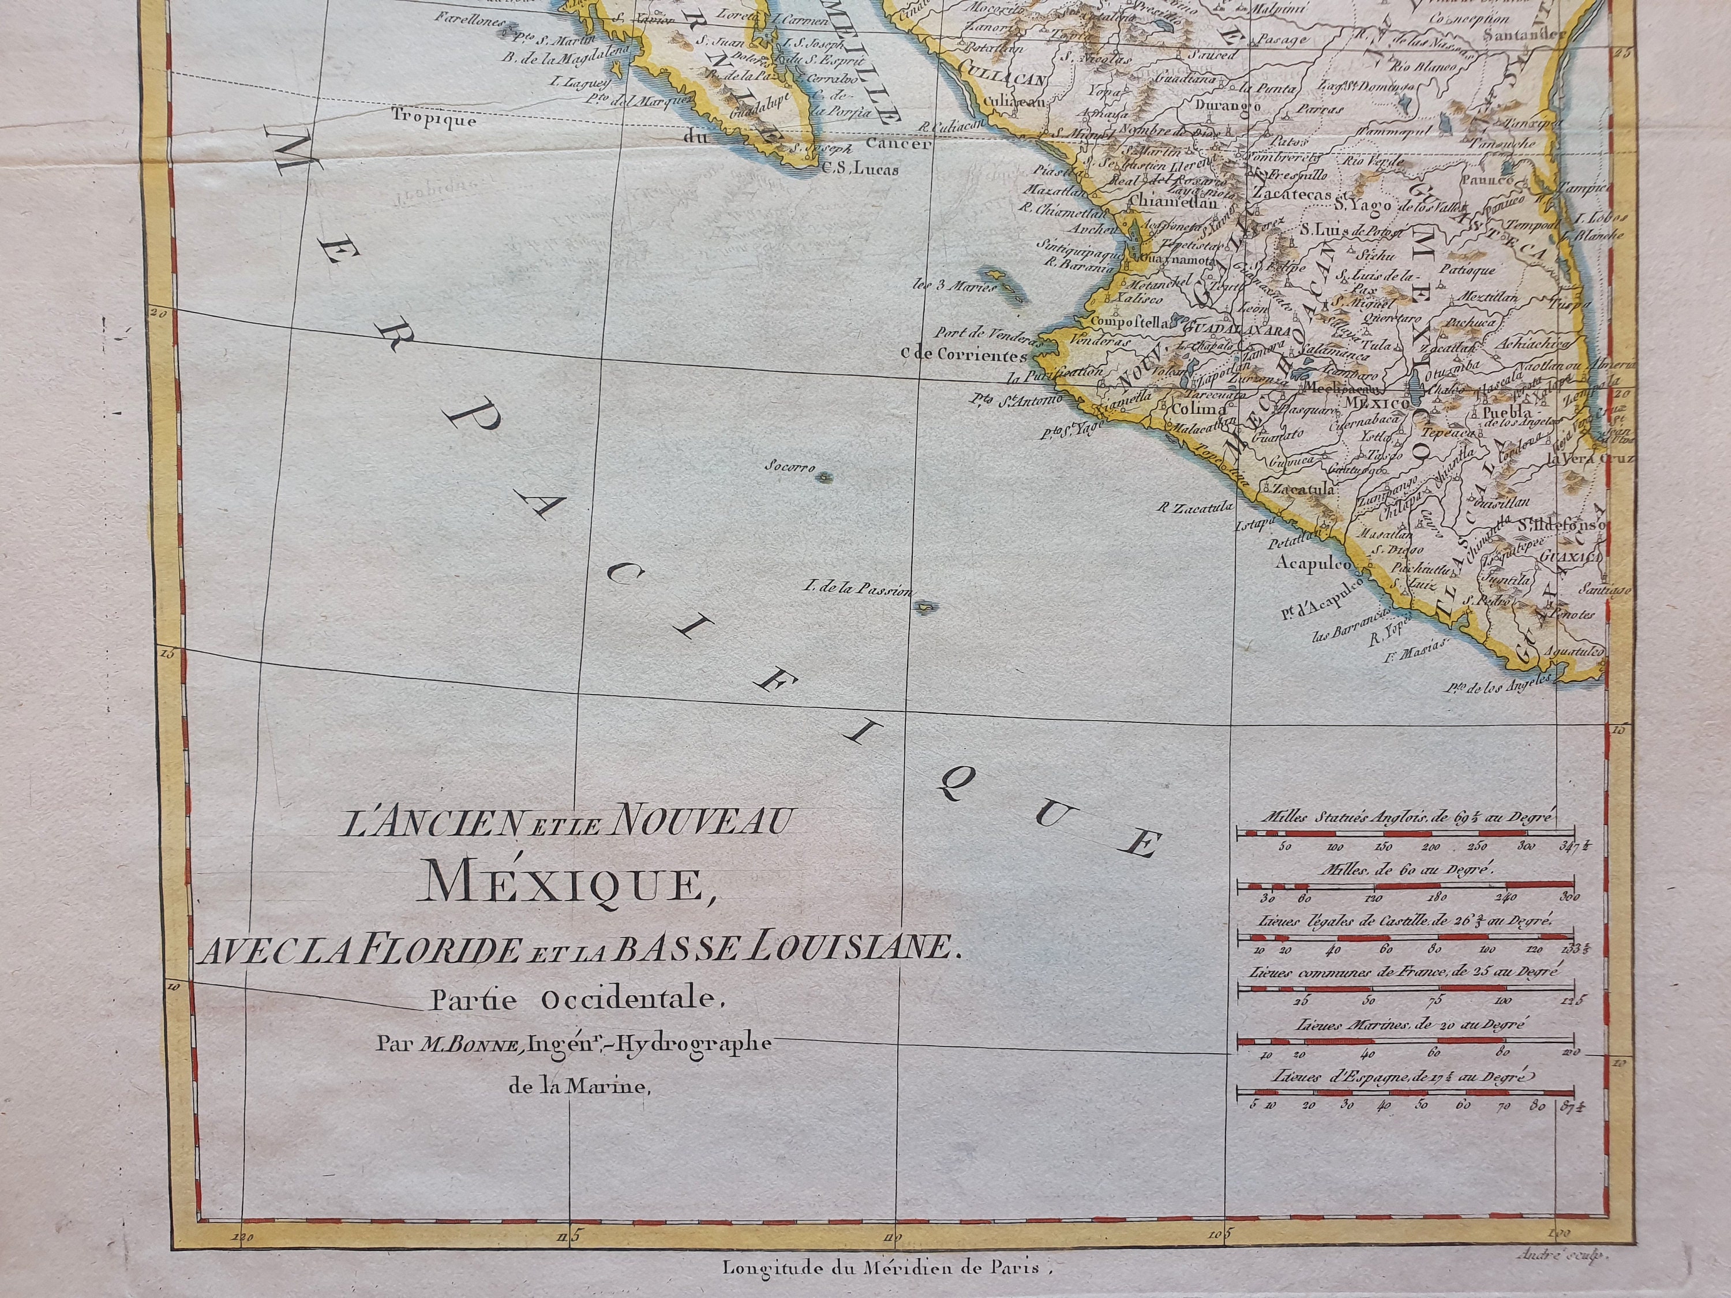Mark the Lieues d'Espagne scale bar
coord(1404,1092)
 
